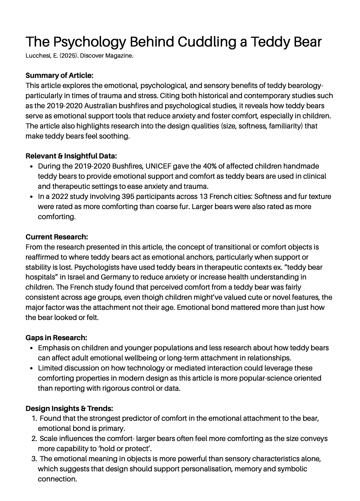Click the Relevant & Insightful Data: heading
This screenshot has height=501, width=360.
tap(71, 156)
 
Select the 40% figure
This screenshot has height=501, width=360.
tap(210, 166)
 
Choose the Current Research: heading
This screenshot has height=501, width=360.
tap(57, 237)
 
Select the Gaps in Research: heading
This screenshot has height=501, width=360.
tap(56, 338)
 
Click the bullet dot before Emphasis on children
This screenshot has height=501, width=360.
tap(31, 348)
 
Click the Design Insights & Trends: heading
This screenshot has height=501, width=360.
tap(69, 409)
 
